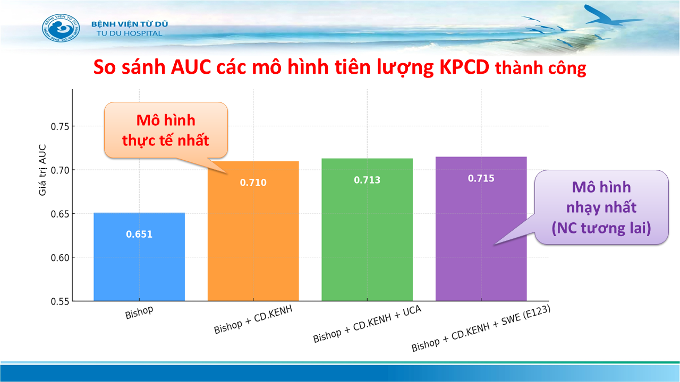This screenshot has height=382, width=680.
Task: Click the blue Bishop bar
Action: point(139,257)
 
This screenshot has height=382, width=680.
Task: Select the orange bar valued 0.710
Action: point(253,231)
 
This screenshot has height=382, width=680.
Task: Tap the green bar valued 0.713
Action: point(367,230)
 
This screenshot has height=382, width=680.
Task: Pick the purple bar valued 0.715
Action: point(481,229)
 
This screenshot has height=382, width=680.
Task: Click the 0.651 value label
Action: point(139,234)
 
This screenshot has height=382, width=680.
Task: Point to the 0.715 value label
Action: point(481,178)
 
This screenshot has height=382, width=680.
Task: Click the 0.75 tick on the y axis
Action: point(60,126)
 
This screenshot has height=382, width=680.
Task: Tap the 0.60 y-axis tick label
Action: point(60,258)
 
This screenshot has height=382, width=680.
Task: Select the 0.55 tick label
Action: point(60,301)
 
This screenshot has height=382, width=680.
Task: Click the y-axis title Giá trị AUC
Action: point(42,170)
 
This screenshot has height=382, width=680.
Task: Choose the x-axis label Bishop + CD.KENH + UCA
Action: point(367,324)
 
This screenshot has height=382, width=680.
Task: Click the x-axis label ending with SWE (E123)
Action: point(481,328)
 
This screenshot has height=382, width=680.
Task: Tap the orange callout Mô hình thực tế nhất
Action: point(166,131)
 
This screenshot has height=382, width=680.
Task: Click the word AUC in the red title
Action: point(191,67)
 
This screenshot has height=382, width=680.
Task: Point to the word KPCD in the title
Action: point(464,67)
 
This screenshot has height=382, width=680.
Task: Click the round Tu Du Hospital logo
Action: point(61,28)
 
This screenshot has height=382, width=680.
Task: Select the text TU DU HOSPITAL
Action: point(129,33)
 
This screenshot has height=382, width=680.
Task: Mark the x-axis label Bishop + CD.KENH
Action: point(253,319)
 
